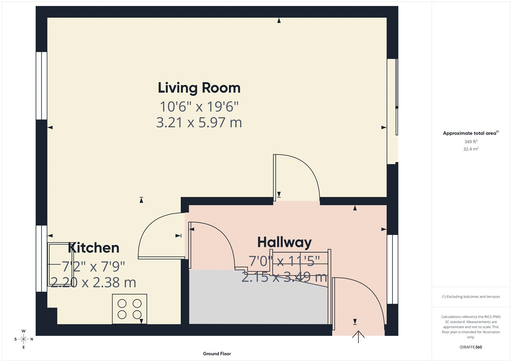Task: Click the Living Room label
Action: pyautogui.click(x=199, y=88)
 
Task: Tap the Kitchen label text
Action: pyautogui.click(x=93, y=248)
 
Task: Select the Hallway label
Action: pyautogui.click(x=284, y=242)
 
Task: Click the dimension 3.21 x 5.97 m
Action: pyautogui.click(x=199, y=123)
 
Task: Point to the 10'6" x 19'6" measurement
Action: pyautogui.click(x=199, y=107)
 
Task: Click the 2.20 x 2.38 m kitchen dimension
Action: pyautogui.click(x=93, y=283)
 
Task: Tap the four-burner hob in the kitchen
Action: pyautogui.click(x=129, y=309)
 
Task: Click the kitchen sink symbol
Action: pyautogui.click(x=60, y=264)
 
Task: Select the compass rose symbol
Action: pyautogui.click(x=23, y=339)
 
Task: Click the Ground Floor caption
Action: pyautogui.click(x=217, y=354)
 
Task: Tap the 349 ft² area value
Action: pyautogui.click(x=471, y=141)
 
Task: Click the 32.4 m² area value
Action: pyautogui.click(x=471, y=149)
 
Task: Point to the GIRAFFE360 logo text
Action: pyautogui.click(x=471, y=347)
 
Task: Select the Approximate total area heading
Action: pyautogui.click(x=470, y=133)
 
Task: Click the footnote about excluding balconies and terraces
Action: pyautogui.click(x=471, y=297)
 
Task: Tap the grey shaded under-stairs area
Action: pyautogui.click(x=256, y=301)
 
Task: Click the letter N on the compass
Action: pyautogui.click(x=32, y=339)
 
